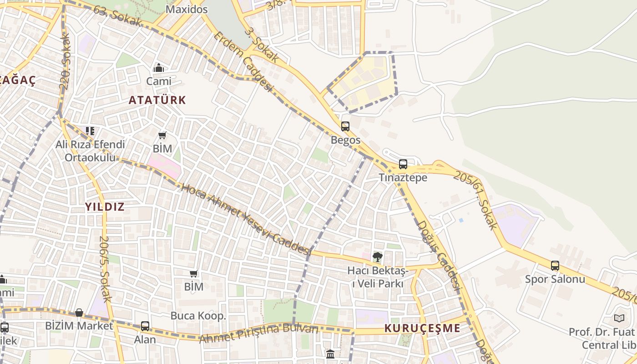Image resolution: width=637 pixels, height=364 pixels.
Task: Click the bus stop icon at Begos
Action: tap(345, 126)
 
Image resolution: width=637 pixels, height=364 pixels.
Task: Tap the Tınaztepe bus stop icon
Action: tap(403, 164)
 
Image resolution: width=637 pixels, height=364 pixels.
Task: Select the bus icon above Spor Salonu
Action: tap(555, 266)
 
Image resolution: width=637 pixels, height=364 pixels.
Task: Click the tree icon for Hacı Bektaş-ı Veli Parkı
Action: tap(377, 257)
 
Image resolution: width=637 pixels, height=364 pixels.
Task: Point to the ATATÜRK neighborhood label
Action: tap(157, 100)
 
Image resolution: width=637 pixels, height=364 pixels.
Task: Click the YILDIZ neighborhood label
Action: tap(105, 207)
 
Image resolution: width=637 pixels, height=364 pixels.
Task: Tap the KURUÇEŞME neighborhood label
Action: tap(422, 328)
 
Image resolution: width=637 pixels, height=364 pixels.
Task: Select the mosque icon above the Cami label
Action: tap(159, 68)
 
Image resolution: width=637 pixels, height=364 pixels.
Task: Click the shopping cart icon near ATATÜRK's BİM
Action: tap(162, 136)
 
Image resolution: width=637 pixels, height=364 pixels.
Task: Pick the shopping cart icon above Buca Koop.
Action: tap(194, 273)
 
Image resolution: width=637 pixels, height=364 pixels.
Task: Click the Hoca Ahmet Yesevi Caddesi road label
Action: tap(246, 219)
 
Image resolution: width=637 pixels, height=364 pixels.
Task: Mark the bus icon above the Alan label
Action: tap(145, 326)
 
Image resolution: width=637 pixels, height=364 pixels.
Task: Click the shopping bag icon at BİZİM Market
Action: tap(79, 313)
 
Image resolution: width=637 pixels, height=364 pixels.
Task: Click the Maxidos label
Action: tap(187, 9)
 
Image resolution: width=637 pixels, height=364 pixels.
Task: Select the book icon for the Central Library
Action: tap(619, 318)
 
